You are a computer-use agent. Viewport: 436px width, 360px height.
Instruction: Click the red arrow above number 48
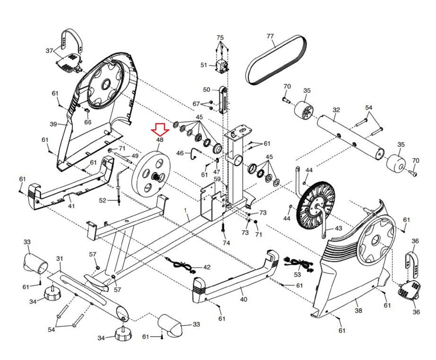point(160,129)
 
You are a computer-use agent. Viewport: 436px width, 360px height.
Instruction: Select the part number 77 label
point(270,36)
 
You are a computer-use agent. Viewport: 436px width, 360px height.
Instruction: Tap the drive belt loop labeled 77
point(276,59)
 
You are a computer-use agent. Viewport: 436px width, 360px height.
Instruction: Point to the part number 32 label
point(336,110)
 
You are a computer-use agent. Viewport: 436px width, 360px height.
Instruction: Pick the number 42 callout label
point(207,267)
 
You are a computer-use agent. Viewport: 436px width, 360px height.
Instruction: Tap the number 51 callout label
point(204,65)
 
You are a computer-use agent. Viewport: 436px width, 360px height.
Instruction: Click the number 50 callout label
point(207,90)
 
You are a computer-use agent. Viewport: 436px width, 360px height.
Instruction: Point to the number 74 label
point(226,243)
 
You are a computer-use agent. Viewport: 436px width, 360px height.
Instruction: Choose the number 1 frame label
point(186,211)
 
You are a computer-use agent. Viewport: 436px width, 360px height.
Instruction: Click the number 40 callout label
point(243,299)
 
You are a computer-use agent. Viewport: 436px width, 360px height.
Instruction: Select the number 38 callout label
point(358,310)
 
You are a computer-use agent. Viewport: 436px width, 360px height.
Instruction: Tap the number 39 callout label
point(53,124)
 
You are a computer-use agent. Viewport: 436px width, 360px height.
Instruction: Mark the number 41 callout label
point(71,206)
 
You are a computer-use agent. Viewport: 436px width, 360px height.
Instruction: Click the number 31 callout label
point(59,258)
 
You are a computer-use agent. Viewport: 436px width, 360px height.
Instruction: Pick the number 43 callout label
point(338,228)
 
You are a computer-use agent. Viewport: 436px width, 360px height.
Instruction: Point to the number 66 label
point(88,122)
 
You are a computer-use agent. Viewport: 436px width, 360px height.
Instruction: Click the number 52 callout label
point(102,200)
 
